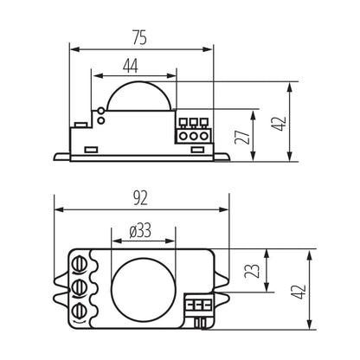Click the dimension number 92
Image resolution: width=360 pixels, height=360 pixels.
[141, 199]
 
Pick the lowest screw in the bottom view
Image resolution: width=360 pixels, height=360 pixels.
[80, 310]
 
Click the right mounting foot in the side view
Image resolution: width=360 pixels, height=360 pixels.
[221, 155]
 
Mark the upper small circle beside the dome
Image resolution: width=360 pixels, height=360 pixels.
[101, 112]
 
